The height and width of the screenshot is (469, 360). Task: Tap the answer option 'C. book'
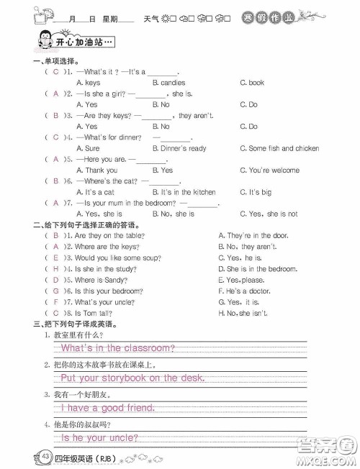251,83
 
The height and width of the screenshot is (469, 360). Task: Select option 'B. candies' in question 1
168,83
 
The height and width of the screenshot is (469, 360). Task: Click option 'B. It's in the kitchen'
184,192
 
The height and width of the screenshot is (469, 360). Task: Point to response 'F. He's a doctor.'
243,291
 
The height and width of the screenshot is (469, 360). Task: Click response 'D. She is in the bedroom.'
257,268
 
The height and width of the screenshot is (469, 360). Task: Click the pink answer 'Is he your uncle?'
99,437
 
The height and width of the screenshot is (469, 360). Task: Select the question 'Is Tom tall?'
93,314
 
